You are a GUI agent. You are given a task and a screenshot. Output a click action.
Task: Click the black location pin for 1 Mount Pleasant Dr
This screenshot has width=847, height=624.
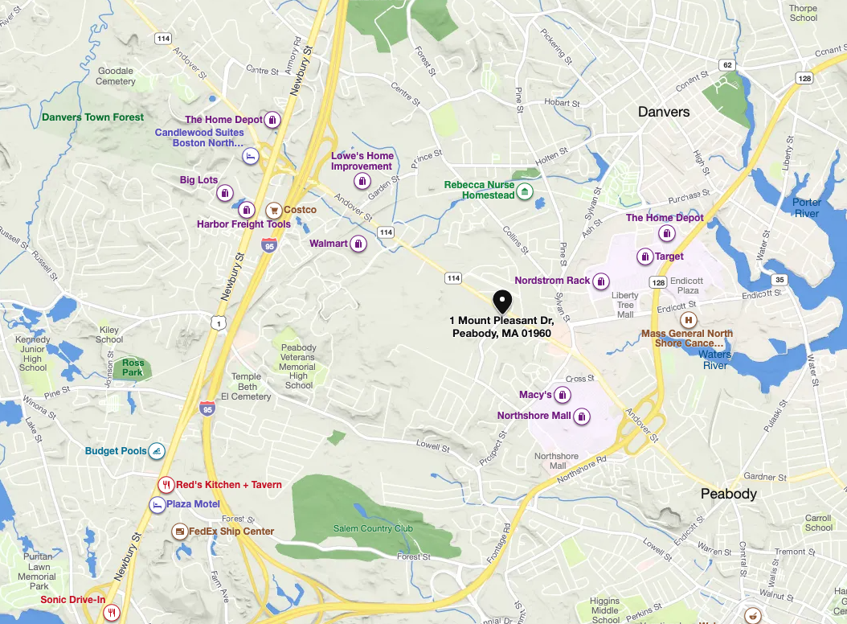[x=502, y=302]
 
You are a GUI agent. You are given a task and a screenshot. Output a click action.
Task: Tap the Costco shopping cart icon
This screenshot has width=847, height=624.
[x=273, y=210]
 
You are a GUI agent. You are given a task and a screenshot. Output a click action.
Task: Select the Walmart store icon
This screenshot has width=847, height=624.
[x=358, y=244]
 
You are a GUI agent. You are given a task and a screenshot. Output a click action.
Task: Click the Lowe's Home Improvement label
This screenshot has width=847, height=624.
[x=362, y=161]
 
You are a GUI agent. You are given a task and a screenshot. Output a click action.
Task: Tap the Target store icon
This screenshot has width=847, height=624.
[x=644, y=257]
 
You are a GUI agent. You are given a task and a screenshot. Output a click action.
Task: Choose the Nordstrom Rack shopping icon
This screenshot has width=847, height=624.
[x=601, y=281]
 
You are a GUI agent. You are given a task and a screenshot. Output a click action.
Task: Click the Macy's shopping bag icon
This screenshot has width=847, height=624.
[x=563, y=395]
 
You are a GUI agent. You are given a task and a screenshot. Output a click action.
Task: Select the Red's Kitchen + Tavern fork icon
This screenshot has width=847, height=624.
[x=166, y=485]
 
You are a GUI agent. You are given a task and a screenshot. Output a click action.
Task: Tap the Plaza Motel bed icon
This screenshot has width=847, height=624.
[x=156, y=504]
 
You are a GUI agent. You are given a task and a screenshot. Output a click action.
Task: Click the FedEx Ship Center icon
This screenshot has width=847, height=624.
[x=178, y=532]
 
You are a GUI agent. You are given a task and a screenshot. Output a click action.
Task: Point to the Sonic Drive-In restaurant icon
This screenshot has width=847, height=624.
[x=112, y=613]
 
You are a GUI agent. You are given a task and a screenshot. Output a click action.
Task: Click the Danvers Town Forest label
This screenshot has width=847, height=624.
[x=92, y=117]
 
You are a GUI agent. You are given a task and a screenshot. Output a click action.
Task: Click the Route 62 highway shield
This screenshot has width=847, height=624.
[x=727, y=64]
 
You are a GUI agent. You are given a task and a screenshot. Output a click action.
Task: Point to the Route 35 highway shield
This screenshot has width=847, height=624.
[x=779, y=280]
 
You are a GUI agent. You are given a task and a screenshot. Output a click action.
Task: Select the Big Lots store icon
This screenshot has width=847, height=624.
[x=225, y=193]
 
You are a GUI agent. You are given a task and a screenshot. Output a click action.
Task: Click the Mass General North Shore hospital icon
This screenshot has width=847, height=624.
[x=688, y=319]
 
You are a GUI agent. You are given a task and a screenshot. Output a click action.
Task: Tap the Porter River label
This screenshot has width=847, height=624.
[x=806, y=207]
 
